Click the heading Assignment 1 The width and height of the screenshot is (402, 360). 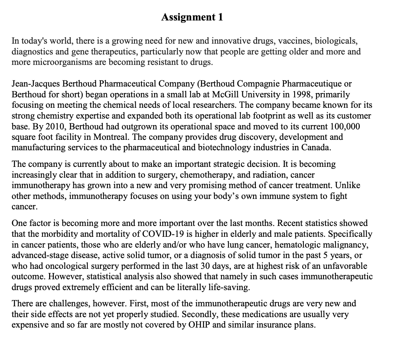[192, 17]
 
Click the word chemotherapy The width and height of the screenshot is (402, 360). [210, 175]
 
